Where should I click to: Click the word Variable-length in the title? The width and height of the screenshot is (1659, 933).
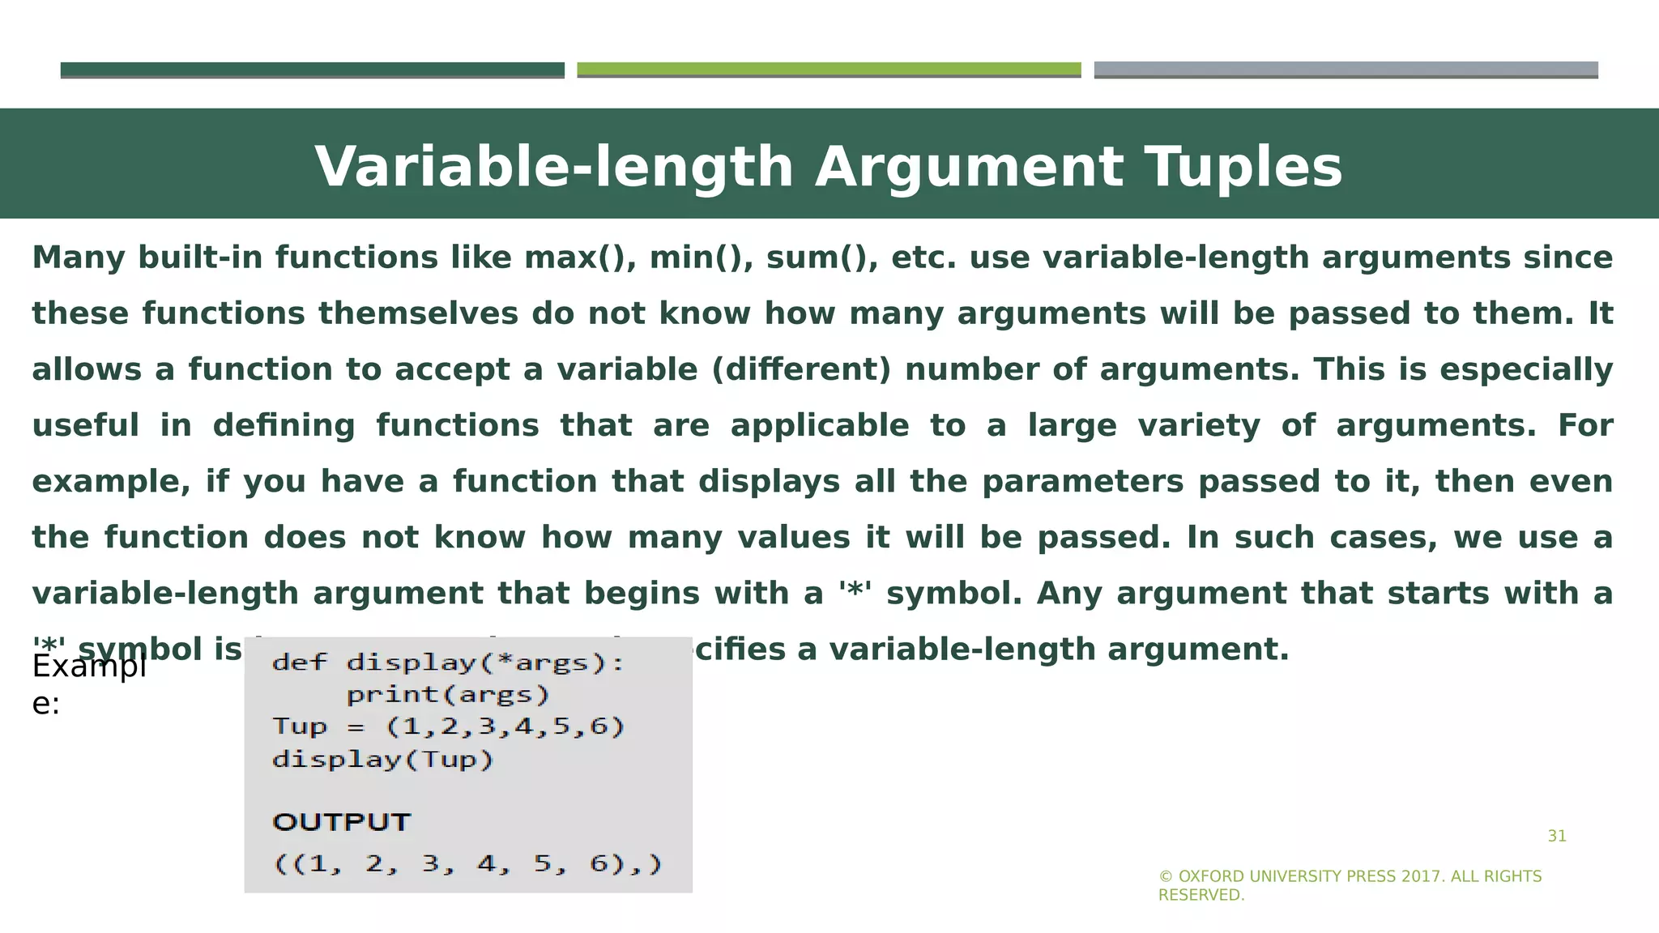pos(554,168)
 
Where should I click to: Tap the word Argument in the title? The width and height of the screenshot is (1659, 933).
pos(969,168)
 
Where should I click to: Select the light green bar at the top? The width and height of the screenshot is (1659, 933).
pos(829,70)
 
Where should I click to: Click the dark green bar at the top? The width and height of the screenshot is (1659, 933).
pos(312,70)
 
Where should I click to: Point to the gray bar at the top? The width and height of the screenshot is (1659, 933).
pos(1346,70)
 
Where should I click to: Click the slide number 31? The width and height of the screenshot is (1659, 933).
pos(1557,837)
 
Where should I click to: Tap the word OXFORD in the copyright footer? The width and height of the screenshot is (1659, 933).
pos(1211,876)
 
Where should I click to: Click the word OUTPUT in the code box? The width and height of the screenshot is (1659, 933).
pos(342,822)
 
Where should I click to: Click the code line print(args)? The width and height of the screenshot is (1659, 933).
pos(448,695)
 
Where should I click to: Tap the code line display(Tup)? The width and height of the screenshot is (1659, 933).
pos(383,760)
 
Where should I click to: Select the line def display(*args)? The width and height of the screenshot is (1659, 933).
pos(448,663)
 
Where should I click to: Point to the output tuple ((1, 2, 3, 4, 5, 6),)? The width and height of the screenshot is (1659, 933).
pos(468,864)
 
